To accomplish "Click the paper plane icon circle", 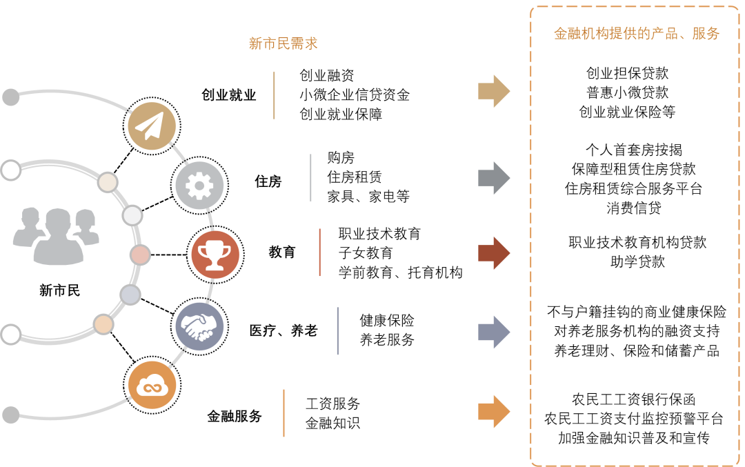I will click(152, 126).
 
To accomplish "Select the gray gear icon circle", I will click(199, 186).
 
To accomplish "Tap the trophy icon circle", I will click(215, 255).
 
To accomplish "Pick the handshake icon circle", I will click(199, 326).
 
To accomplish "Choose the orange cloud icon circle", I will click(152, 385).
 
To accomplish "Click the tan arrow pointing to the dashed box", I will click(494, 92).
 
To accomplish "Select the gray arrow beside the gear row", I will click(494, 178).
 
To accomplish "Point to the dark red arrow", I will click(494, 252).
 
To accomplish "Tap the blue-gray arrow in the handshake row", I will click(494, 332).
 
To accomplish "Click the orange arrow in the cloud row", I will click(494, 411).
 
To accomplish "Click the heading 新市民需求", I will click(283, 43).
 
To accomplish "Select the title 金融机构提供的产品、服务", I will click(637, 34).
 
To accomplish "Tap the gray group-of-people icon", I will click(56, 236).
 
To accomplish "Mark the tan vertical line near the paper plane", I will click(274, 95).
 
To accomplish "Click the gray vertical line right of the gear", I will click(310, 178).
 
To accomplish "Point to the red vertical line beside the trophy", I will click(320, 252).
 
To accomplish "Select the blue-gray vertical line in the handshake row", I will click(338, 331).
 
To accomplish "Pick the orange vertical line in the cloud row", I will click(284, 413).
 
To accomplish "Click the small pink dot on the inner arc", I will click(140, 255).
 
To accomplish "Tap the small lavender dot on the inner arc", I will click(130, 295).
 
